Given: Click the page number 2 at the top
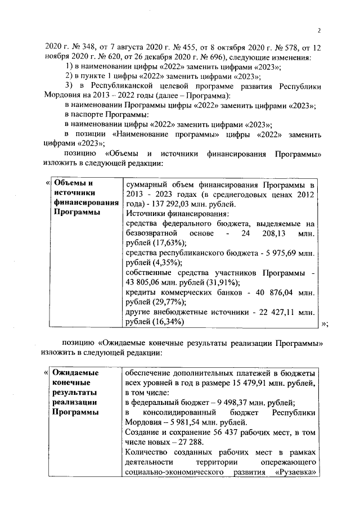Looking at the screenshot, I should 318,30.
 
